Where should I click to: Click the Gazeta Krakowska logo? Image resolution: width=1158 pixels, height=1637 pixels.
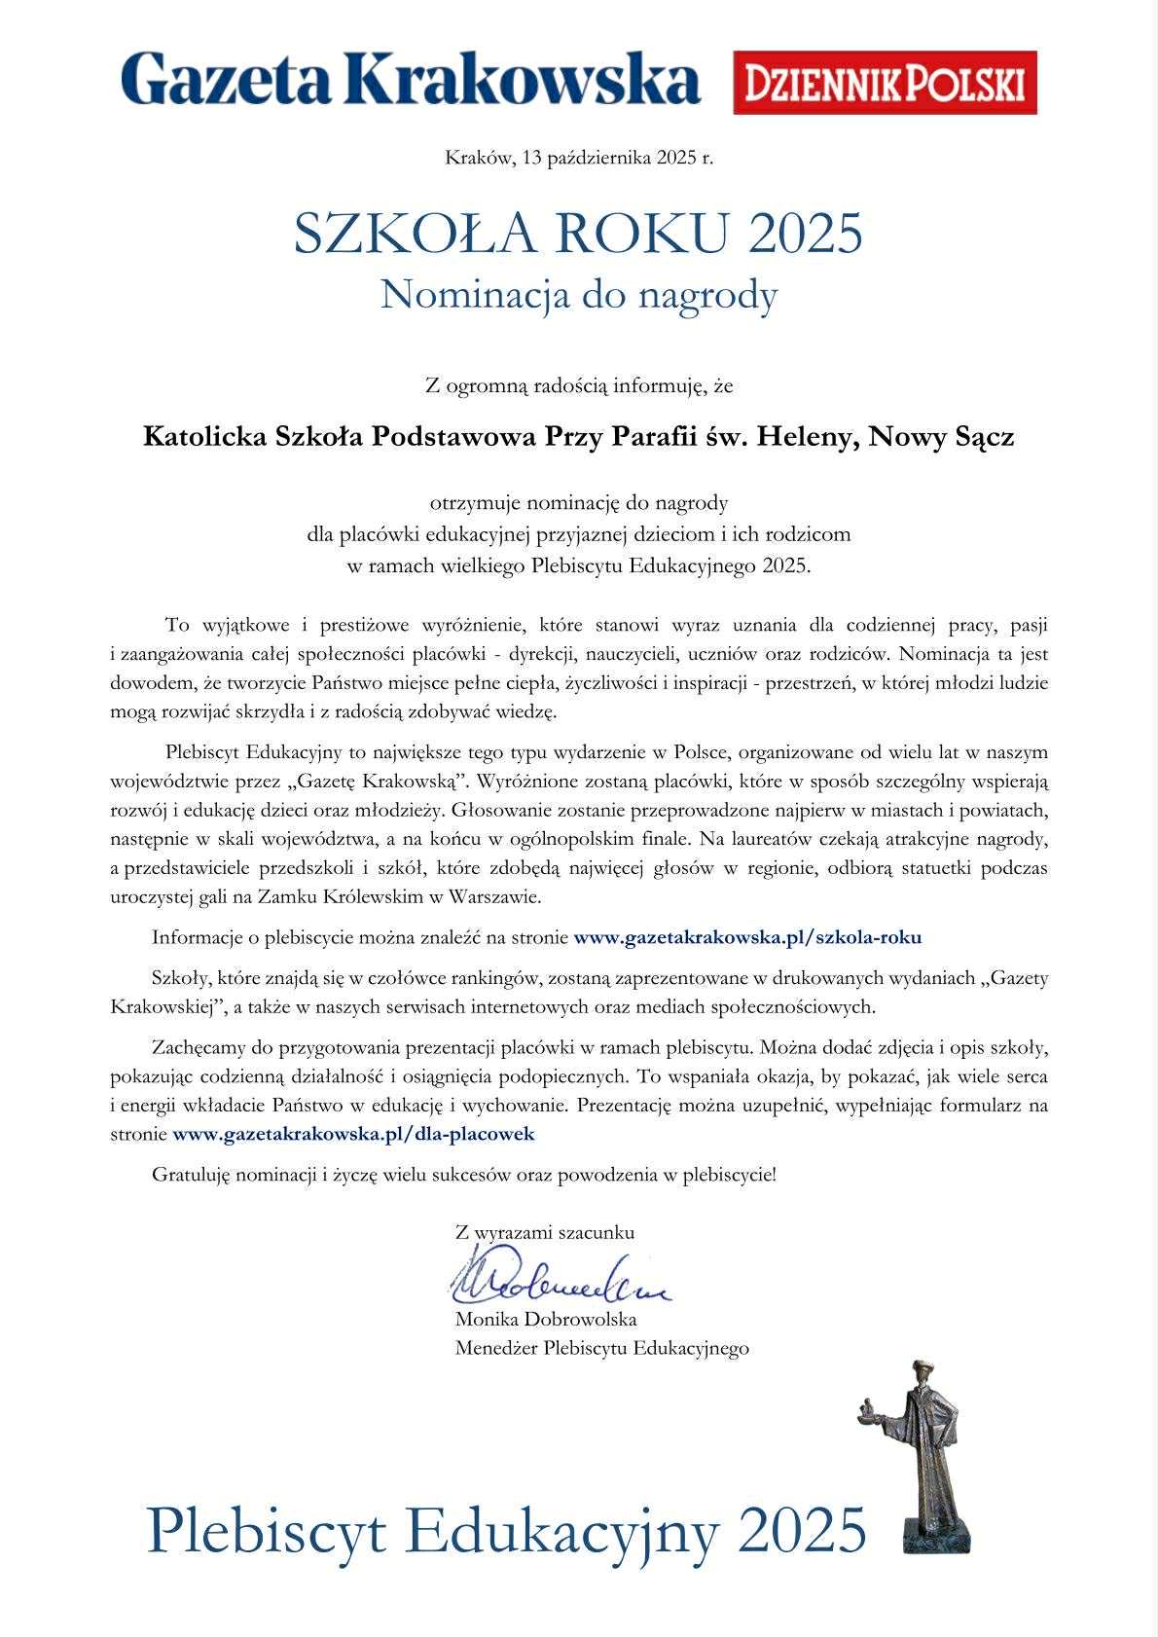tap(410, 80)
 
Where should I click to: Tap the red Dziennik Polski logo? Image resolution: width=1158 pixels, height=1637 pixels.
tap(885, 83)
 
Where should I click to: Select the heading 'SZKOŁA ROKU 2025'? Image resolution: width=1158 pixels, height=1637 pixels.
tap(579, 235)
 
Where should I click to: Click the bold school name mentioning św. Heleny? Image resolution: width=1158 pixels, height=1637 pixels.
tap(579, 437)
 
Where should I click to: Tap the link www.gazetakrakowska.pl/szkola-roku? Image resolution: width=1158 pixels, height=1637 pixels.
tap(747, 938)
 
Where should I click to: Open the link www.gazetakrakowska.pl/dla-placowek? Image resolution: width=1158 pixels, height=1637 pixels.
tap(353, 1134)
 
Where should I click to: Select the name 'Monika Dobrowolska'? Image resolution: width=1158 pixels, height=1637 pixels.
tap(545, 1320)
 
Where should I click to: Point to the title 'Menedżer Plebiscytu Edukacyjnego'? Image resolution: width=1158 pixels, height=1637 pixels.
tap(601, 1348)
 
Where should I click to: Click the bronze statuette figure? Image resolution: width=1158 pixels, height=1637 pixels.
tap(923, 1440)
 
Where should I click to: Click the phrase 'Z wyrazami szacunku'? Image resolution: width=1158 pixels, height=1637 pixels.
tap(545, 1232)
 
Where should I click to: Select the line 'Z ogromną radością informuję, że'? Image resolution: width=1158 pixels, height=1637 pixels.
tap(579, 386)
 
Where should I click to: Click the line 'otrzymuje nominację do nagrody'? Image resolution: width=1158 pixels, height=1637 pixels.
tap(579, 503)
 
